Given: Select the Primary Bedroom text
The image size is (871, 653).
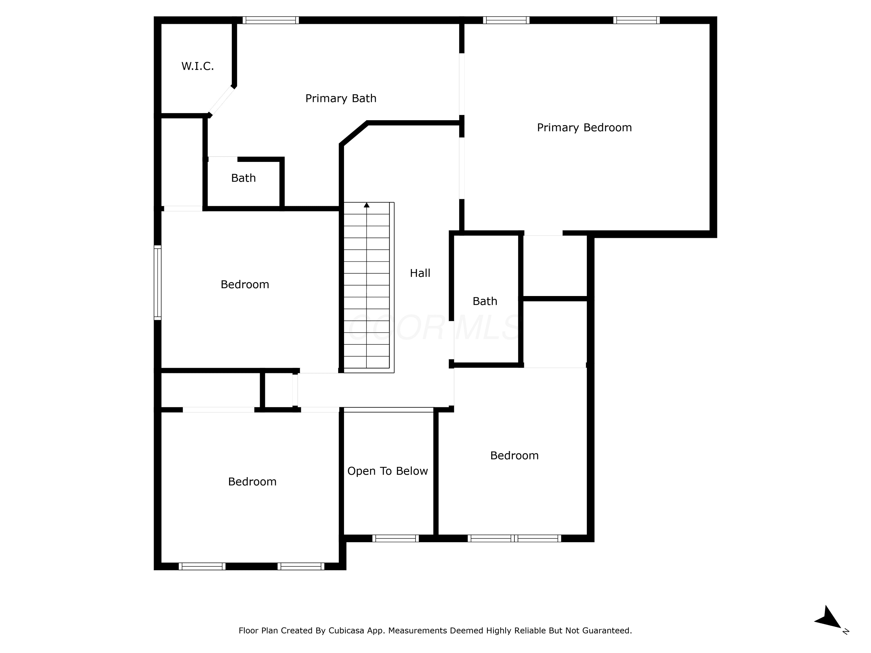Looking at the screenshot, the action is pyautogui.click(x=584, y=127).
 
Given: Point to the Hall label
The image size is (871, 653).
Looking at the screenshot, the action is pyautogui.click(x=420, y=273).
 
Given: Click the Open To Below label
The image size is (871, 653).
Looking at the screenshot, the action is pyautogui.click(x=388, y=471).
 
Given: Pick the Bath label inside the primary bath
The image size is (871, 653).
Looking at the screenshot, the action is pyautogui.click(x=243, y=178).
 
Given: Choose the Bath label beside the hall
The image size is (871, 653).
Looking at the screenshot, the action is pyautogui.click(x=485, y=301).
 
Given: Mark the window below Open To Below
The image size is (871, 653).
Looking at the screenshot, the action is pyautogui.click(x=395, y=538).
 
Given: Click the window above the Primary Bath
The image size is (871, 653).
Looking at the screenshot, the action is pyautogui.click(x=271, y=20).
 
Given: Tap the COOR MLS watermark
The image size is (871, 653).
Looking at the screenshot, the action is pyautogui.click(x=435, y=327).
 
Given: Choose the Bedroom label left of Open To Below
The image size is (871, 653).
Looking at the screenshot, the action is pyautogui.click(x=252, y=481).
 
